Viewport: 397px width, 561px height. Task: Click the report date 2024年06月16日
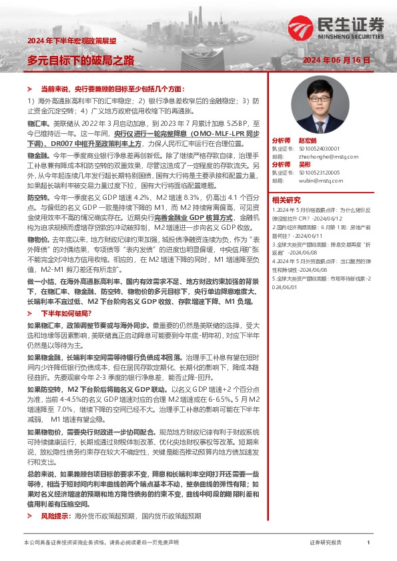pos(336,60)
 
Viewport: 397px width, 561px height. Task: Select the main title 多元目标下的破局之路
pos(80,61)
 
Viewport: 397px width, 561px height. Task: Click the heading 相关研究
pos(286,199)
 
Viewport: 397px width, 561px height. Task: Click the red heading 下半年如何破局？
pos(65,312)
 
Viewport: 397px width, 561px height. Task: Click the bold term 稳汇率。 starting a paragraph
pos(38,123)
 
